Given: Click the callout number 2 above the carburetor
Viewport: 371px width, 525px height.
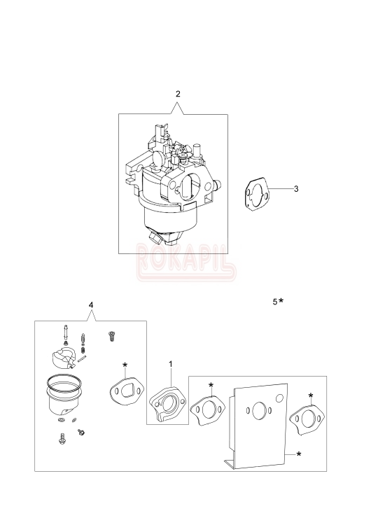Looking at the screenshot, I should pos(178,94).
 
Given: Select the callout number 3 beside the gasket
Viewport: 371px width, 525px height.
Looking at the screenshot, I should pos(296,189).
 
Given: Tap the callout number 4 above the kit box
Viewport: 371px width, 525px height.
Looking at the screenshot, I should pos(91,305).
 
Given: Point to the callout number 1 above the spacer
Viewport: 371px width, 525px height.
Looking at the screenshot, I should pos(171,365).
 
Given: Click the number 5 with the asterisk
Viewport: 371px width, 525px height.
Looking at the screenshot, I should pos(275,302).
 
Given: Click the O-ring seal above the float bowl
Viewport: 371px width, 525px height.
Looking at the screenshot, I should pos(64,383).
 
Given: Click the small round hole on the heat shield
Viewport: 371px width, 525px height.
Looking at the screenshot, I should pos(279,399).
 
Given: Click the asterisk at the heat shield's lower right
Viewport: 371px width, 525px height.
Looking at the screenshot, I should pos(300,455).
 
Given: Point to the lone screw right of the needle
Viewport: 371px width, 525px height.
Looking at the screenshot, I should pos(110,336).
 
